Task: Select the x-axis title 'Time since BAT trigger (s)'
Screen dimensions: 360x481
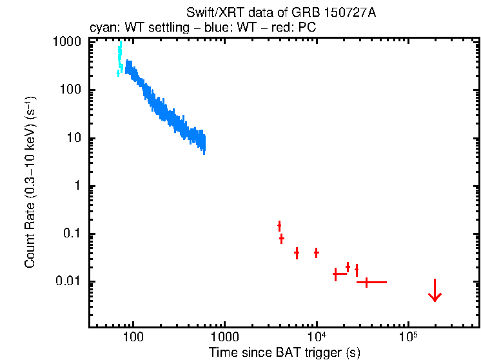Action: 284,352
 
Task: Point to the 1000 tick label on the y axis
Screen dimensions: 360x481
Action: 67,42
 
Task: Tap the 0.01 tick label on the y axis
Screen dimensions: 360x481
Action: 68,281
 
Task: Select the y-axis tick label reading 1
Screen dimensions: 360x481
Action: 77,186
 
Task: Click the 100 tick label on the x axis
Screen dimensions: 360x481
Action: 133,337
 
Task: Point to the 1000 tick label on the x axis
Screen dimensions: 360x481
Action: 224,337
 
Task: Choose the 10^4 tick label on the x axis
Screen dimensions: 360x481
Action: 317,336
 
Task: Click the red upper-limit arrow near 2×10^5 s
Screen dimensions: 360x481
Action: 435,291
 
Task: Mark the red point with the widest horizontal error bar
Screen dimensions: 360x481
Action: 367,282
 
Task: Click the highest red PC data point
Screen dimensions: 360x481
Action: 279,225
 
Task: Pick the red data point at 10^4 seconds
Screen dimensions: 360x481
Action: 317,252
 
